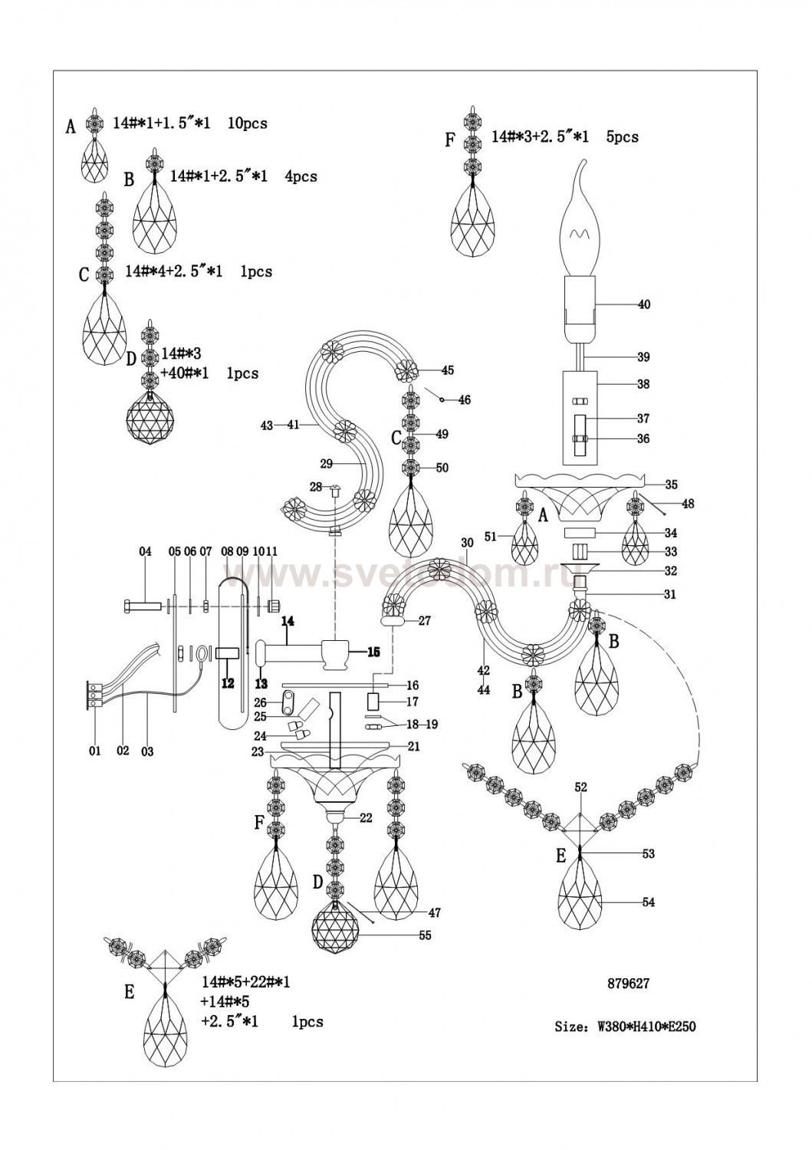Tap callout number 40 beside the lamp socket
click(x=643, y=304)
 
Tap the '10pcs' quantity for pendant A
click(x=247, y=123)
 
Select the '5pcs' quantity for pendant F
click(x=623, y=137)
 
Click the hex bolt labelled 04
click(x=141, y=606)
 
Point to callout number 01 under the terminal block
click(x=95, y=751)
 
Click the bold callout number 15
click(x=373, y=652)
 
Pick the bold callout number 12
click(x=228, y=683)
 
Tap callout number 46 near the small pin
click(x=464, y=399)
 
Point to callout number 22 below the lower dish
click(x=366, y=818)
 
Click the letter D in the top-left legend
click(x=131, y=359)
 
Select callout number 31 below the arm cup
click(x=669, y=594)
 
